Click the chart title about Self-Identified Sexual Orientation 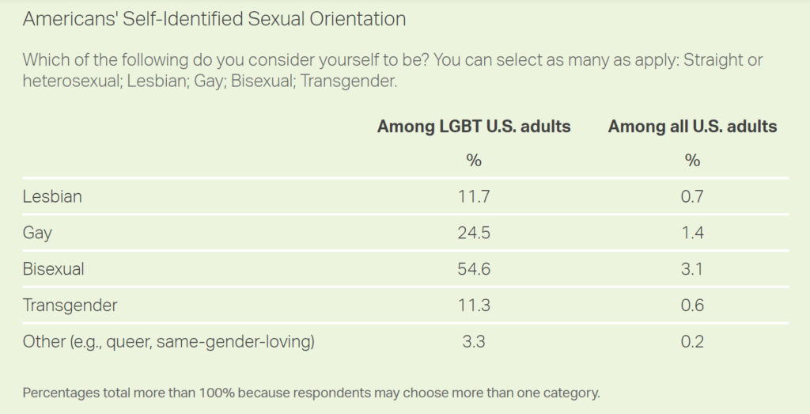pos(214,19)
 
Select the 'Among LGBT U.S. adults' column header pos(474,127)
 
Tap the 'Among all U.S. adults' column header pos(692,127)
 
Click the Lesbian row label pos(52,196)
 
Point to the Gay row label pos(38,233)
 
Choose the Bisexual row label pos(54,269)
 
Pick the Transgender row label pos(70,306)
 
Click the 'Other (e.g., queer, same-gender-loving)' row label pos(168,342)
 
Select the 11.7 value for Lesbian pos(474,196)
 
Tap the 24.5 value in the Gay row pos(474,233)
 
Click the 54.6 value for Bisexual pos(474,269)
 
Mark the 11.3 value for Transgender pos(474,306)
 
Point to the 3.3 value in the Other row pos(474,342)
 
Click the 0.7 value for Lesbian pos(692,196)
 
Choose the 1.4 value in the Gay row pos(692,233)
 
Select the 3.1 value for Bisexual pos(692,269)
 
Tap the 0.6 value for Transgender pos(692,306)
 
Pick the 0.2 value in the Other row pos(692,342)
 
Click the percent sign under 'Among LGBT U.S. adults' pos(474,161)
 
